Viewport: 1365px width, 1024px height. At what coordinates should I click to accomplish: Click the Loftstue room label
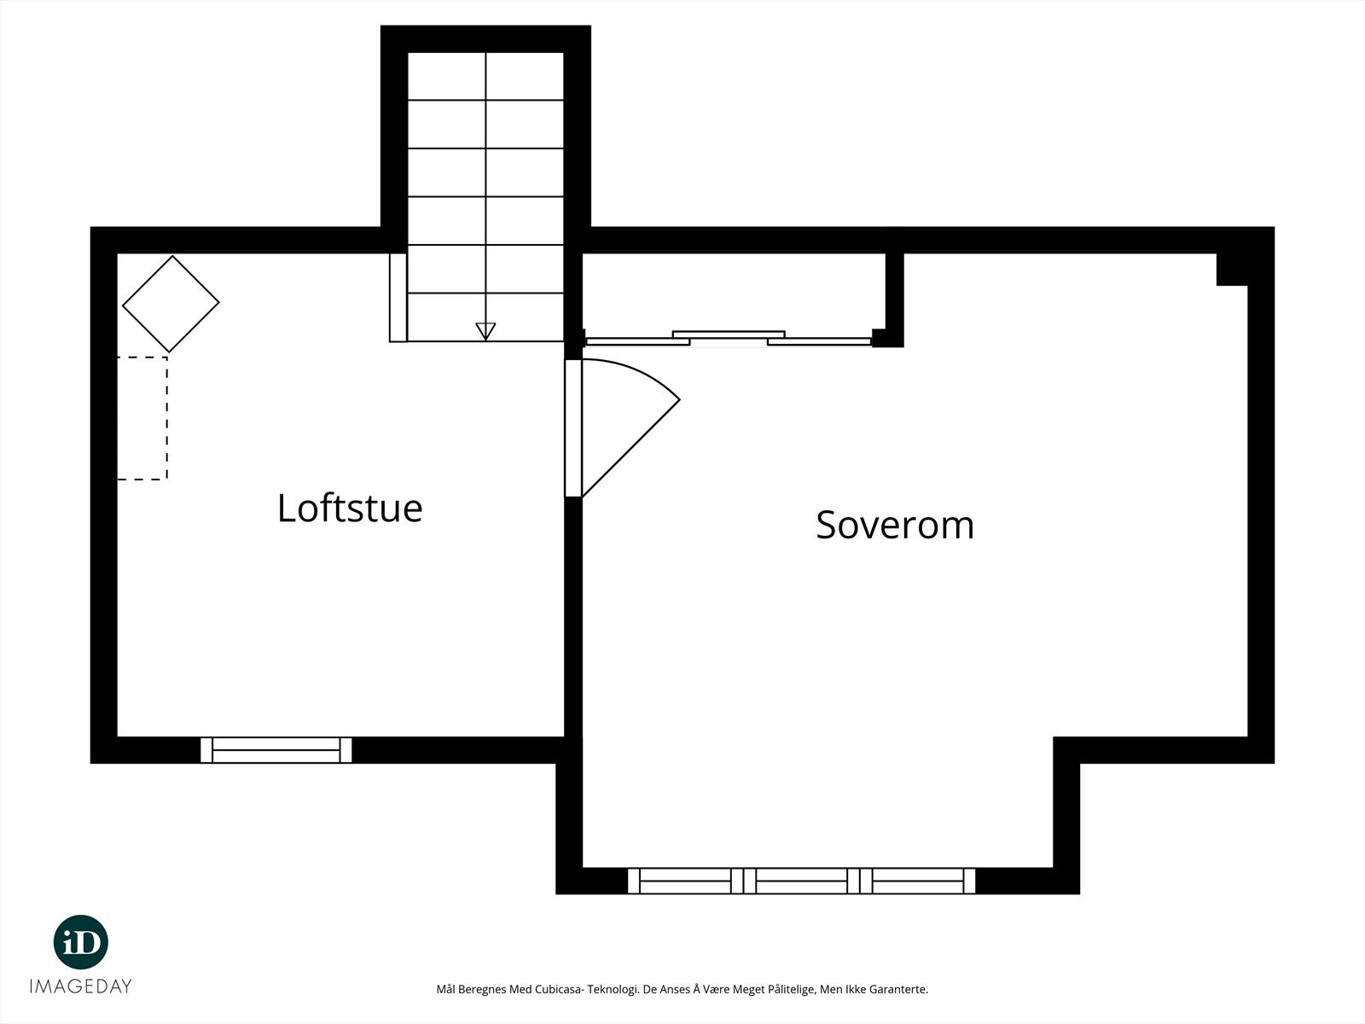pos(350,508)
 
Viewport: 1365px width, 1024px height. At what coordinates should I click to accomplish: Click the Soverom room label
pos(895,525)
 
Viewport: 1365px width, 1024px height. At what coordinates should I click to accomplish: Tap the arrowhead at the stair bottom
pos(485,331)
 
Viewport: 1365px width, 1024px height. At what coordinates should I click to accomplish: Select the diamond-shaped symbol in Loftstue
pos(171,304)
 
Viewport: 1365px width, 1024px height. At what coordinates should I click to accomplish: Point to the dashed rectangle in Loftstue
pos(142,418)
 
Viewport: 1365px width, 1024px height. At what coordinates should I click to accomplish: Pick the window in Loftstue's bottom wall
pos(276,750)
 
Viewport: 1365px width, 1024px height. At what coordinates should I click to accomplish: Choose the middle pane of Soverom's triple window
pos(802,881)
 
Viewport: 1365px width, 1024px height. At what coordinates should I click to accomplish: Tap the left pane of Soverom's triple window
pos(685,881)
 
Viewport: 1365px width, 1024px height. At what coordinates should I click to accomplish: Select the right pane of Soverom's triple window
pos(918,881)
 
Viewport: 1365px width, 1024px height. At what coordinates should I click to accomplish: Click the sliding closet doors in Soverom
pos(729,339)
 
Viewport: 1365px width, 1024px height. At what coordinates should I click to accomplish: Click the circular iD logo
pos(81,942)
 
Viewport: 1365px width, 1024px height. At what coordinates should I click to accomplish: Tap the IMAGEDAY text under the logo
pos(81,986)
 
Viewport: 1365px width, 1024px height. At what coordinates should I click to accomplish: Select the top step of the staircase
pos(485,77)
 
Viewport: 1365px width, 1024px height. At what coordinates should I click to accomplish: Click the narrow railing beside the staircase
pos(398,298)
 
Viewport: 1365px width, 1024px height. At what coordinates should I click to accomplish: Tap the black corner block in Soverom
pos(1232,269)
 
